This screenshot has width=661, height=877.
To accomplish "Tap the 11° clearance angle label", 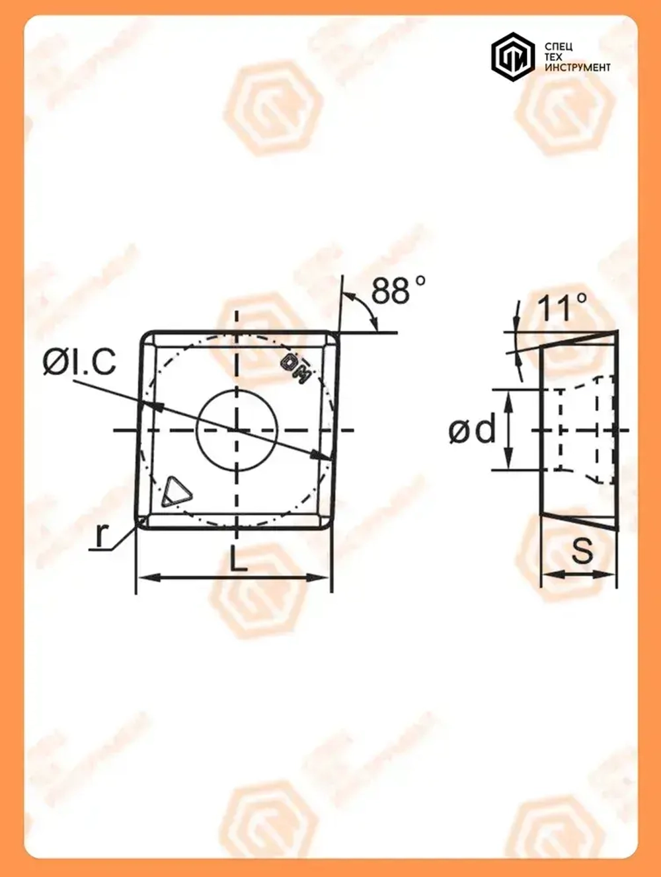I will (x=562, y=308).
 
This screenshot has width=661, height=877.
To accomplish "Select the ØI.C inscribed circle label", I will (x=79, y=362).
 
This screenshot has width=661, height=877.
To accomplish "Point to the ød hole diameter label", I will (x=472, y=431).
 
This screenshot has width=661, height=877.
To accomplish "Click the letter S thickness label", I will (x=582, y=549).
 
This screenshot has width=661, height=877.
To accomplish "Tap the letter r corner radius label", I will (x=100, y=536).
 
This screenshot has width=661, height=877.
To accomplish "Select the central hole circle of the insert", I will (x=237, y=430).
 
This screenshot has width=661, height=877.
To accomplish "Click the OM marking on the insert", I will (x=296, y=368).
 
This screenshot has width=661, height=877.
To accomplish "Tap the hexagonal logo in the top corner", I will (x=512, y=57).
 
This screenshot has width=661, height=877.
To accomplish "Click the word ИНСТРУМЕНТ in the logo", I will (x=577, y=67).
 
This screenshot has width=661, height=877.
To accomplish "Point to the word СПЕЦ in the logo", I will (x=559, y=47).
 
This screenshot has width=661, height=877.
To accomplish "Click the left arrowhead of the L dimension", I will (x=145, y=578).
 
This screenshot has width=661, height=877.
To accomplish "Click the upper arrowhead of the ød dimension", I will (x=508, y=396).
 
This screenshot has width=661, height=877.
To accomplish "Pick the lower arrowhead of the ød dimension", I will (x=508, y=464).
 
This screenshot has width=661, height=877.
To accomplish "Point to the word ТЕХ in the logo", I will (x=553, y=57).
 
